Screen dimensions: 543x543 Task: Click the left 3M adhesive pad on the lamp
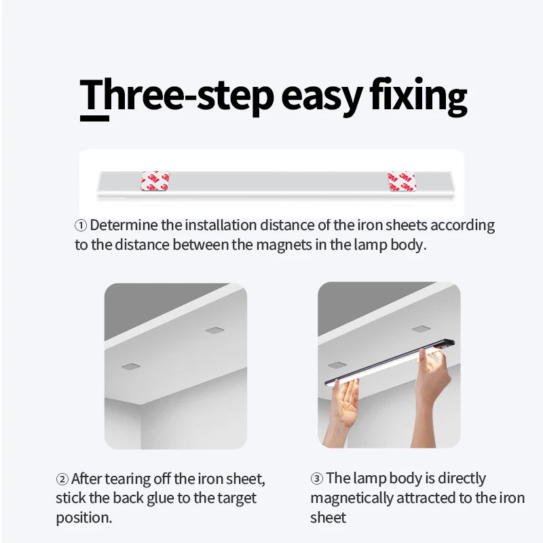[155, 181]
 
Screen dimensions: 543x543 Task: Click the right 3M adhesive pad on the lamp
[401, 181]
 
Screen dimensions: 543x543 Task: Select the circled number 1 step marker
[81, 225]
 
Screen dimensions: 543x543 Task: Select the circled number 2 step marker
[62, 479]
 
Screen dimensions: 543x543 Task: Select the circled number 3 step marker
[317, 479]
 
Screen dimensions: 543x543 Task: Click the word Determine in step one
[123, 225]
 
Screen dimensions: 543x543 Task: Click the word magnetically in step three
[352, 498]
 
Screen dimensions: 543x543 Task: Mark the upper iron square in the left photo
[215, 331]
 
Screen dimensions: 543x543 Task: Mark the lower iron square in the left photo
[130, 367]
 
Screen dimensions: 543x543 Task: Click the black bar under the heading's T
[94, 118]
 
